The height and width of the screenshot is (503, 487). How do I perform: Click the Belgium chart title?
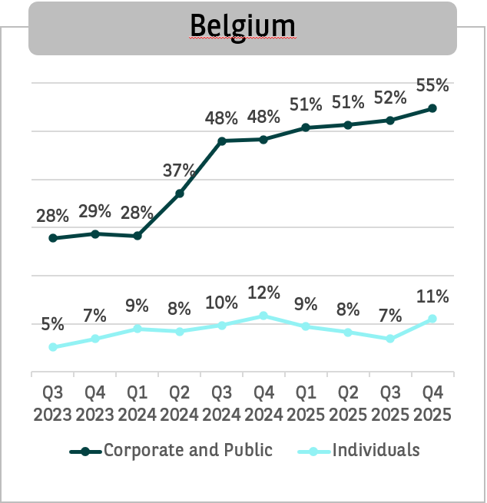pos(242,26)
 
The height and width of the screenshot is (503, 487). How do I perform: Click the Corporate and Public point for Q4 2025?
pos(432,108)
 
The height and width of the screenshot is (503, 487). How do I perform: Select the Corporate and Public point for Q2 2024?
pos(180,194)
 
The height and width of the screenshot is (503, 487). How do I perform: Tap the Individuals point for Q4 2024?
pos(263,316)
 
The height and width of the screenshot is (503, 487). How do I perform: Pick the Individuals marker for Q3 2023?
pos(53,347)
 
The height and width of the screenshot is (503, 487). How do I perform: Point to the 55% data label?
pos(432,84)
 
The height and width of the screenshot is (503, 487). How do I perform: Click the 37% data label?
pos(180,170)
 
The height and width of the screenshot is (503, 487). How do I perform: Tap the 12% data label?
pos(263,293)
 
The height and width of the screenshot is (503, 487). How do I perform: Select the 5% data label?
pos(53,324)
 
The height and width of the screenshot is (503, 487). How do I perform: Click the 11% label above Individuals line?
pos(432,296)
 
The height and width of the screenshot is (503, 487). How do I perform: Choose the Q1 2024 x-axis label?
pos(137,402)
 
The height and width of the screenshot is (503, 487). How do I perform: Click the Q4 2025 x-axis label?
pos(432,402)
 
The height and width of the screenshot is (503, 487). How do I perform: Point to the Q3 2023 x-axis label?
pos(53,402)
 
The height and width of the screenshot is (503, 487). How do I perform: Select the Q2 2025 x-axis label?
pos(348,402)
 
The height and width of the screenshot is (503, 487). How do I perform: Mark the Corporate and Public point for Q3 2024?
pos(222,141)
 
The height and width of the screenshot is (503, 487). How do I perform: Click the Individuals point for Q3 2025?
pos(390,339)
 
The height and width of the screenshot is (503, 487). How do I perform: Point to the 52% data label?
pos(390,98)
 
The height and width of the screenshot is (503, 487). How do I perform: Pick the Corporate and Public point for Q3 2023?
pos(53,238)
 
